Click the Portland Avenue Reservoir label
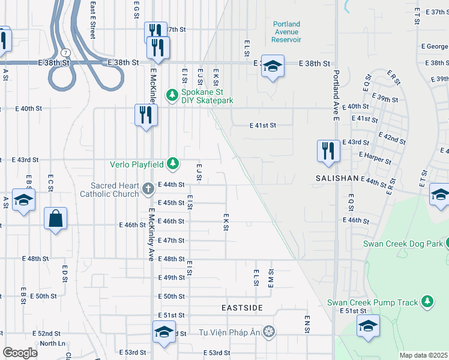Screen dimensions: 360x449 [x=286, y=32]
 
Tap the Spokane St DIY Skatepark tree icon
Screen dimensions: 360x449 [x=172, y=94]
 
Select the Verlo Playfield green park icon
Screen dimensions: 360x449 [x=173, y=163]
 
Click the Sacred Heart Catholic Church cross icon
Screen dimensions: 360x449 [x=148, y=190]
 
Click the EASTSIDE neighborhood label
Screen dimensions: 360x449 [x=242, y=308]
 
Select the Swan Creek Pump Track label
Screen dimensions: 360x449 [x=372, y=302]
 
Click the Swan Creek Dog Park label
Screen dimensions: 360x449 [x=403, y=244]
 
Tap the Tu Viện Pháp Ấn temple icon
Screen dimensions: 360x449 [x=270, y=332]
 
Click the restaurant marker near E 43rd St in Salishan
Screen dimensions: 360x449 [x=328, y=151]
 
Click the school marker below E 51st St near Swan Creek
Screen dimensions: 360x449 [x=368, y=326]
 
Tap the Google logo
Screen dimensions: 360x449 [x=20, y=353]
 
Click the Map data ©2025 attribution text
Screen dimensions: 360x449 [x=423, y=355]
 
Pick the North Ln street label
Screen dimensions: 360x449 [x=52, y=343]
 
